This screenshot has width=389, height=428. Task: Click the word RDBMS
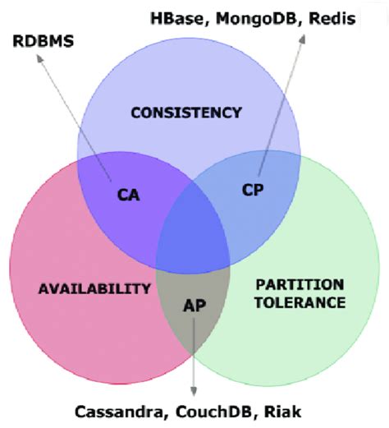tap(43, 41)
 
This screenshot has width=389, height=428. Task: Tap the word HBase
tap(180, 19)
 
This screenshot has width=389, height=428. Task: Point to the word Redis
tap(332, 19)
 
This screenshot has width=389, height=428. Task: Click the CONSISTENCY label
tap(186, 113)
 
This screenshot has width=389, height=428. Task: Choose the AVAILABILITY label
tap(94, 288)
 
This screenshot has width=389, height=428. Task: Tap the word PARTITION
tap(300, 285)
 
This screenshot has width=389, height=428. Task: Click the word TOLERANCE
tap(300, 302)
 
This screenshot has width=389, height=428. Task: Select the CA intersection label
tap(128, 195)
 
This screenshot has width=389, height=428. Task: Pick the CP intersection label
tap(253, 190)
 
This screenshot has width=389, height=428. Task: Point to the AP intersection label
tap(194, 306)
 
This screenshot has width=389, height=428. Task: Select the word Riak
tap(282, 412)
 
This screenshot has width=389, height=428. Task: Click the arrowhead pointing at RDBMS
tap(40, 58)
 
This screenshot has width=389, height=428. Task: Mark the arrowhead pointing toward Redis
tap(302, 39)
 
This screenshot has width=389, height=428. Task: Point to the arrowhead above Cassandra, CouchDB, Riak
tap(194, 391)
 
